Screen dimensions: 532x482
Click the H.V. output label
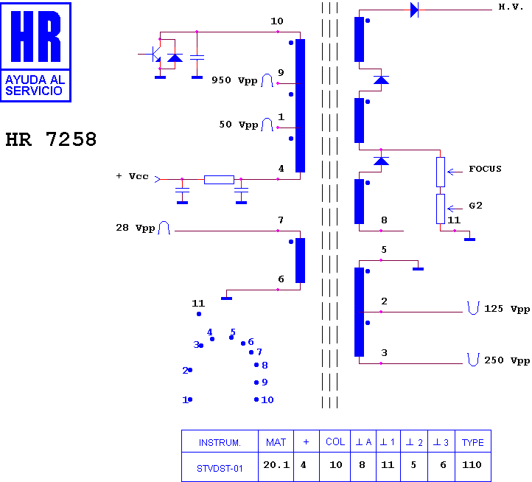click(x=511, y=7)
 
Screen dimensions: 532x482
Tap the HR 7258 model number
click(x=52, y=139)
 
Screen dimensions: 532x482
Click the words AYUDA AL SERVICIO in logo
click(x=35, y=85)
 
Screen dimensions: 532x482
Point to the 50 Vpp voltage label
click(x=239, y=125)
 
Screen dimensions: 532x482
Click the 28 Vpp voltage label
click(x=136, y=228)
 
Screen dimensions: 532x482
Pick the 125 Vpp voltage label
click(x=507, y=309)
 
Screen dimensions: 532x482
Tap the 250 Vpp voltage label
click(x=507, y=360)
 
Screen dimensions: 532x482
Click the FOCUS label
click(x=485, y=169)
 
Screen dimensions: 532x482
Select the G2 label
click(x=475, y=206)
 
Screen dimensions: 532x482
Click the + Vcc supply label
click(x=133, y=176)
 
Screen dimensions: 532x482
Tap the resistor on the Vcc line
click(x=219, y=180)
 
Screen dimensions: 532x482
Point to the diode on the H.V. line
click(x=414, y=10)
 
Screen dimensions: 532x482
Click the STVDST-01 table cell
click(x=220, y=469)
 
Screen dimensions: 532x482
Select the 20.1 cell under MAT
click(x=276, y=465)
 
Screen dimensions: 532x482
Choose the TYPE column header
click(x=472, y=443)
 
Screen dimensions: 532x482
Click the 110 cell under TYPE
click(x=472, y=465)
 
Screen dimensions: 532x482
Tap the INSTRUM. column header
click(x=220, y=443)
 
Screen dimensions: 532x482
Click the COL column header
click(x=335, y=441)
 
